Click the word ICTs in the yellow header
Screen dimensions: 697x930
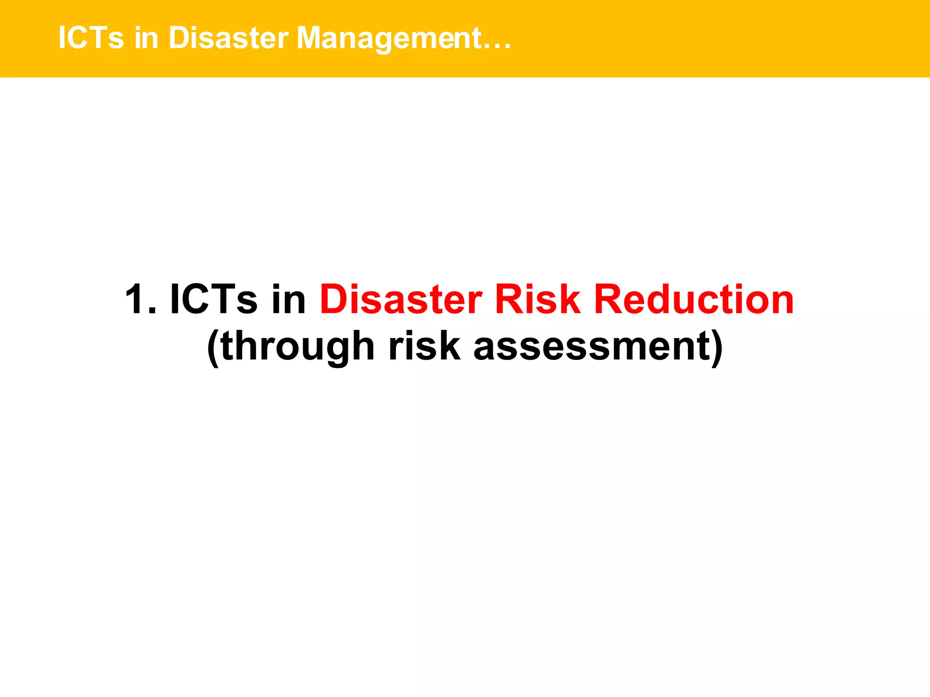pos(91,38)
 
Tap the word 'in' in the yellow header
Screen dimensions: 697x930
pos(146,38)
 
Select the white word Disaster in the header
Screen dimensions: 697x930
pos(228,38)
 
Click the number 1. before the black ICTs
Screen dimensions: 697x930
pos(140,299)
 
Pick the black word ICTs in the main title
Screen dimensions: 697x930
pos(213,299)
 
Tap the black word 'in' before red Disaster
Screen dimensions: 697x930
pos(289,299)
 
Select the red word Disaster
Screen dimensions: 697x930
pos(401,299)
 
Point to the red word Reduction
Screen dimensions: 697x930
pos(694,299)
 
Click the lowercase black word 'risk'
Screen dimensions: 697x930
pos(424,346)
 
